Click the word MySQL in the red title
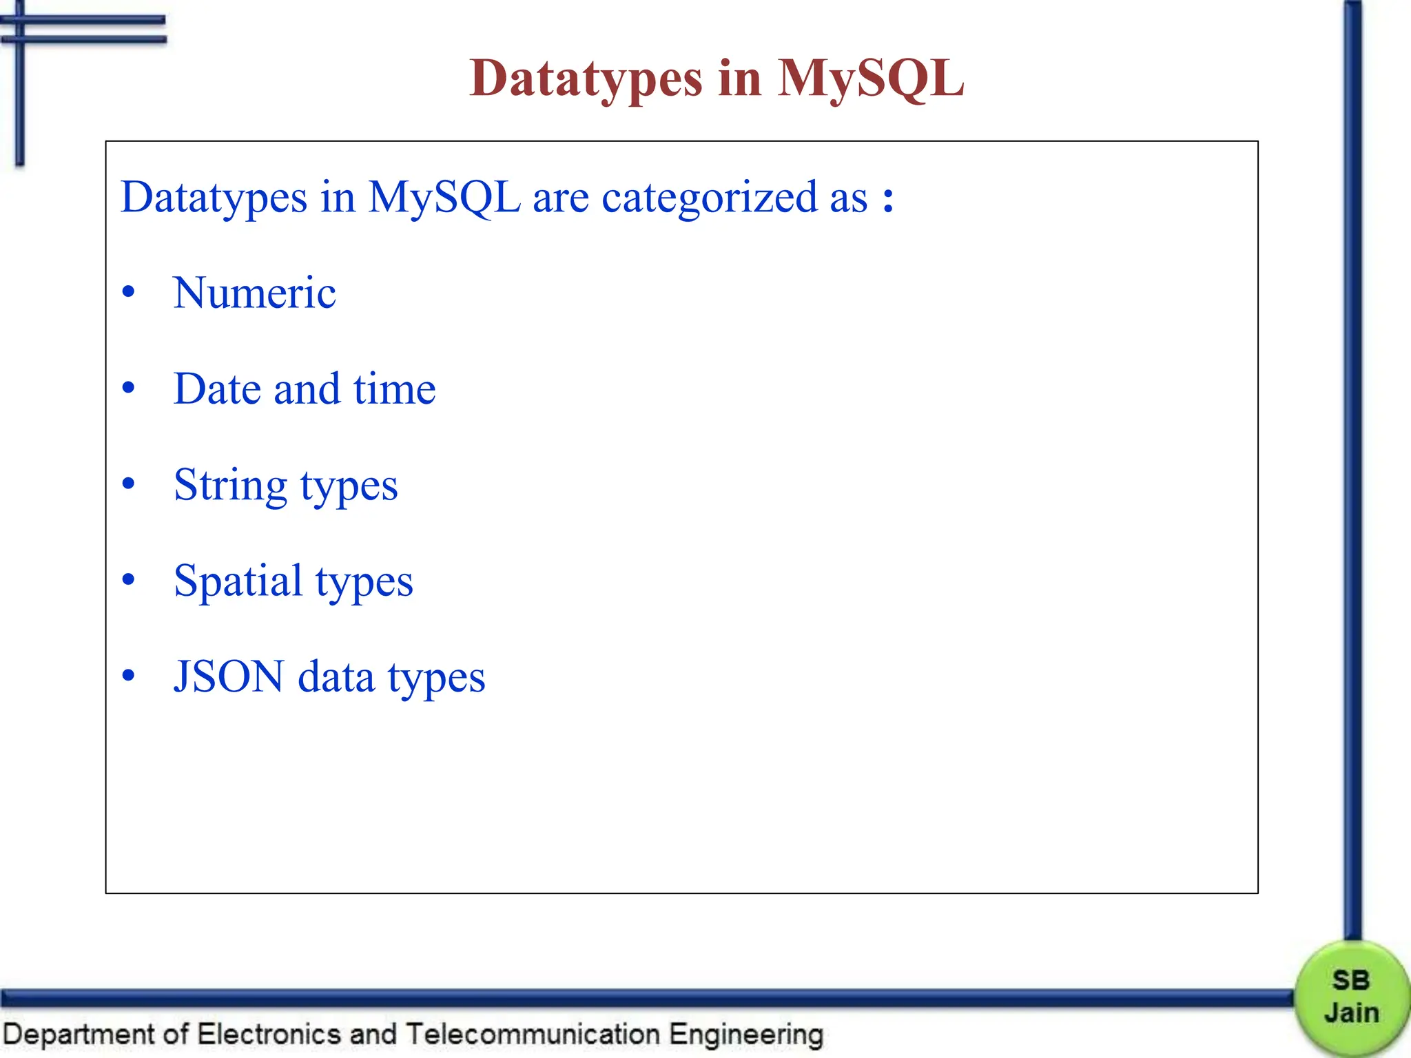(x=871, y=78)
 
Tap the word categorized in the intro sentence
(x=709, y=198)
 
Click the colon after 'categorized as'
(x=889, y=198)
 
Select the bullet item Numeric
(x=254, y=293)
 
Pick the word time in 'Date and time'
(x=394, y=389)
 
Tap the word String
(x=230, y=485)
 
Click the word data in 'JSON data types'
(x=336, y=676)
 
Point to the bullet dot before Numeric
(x=128, y=293)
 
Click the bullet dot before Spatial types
(x=128, y=580)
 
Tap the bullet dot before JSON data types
(x=128, y=676)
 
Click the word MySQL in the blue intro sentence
(x=444, y=198)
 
